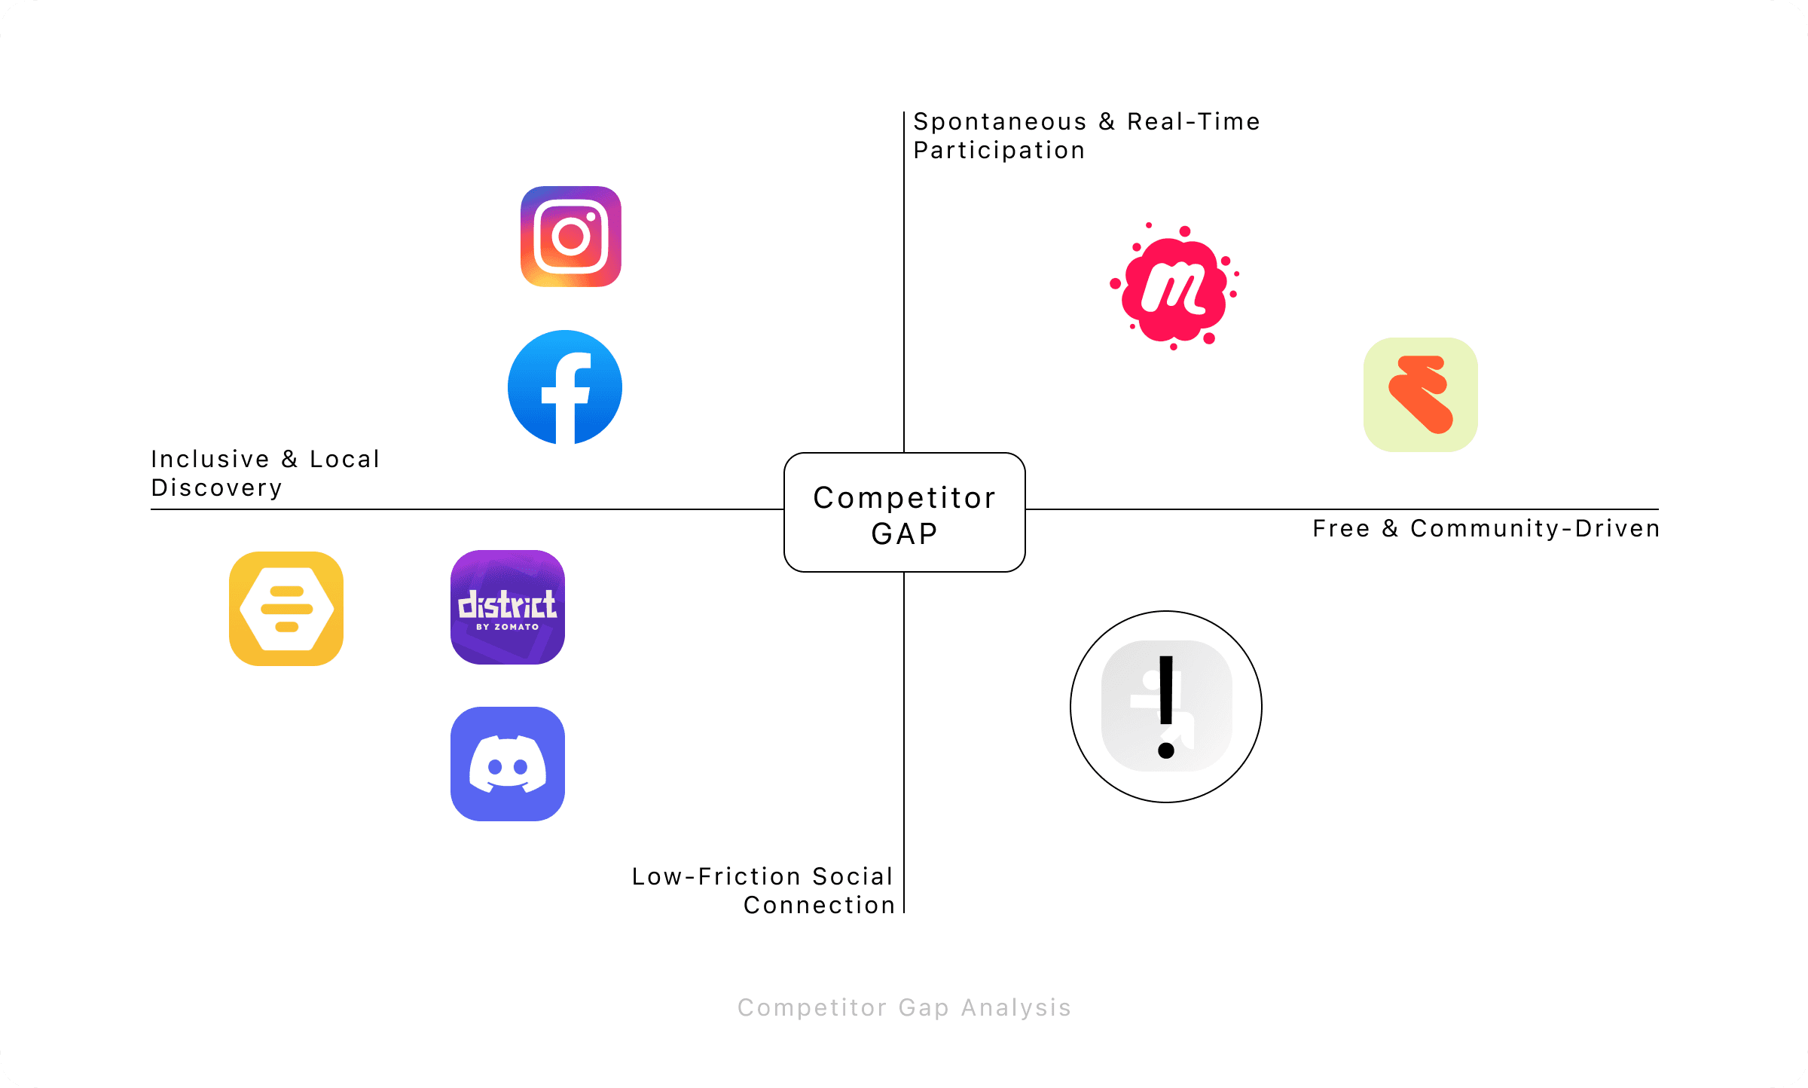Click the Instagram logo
[x=571, y=237]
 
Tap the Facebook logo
[x=565, y=387]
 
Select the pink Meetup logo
[x=1174, y=287]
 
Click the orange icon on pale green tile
[x=1420, y=395]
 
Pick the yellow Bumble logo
[x=286, y=609]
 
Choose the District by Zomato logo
[x=508, y=607]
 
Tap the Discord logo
[x=508, y=764]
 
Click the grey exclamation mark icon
[x=1166, y=707]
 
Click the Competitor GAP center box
[x=904, y=512]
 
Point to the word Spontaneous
[x=1000, y=122]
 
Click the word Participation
[x=999, y=151]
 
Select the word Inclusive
[x=210, y=460]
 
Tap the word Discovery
[x=217, y=488]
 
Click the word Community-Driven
[x=1535, y=529]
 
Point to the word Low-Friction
[x=716, y=877]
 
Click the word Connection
[x=820, y=906]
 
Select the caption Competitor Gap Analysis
[x=904, y=1008]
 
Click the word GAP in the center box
[x=904, y=534]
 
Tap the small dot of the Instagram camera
[x=591, y=217]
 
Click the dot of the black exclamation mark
[x=1166, y=750]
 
